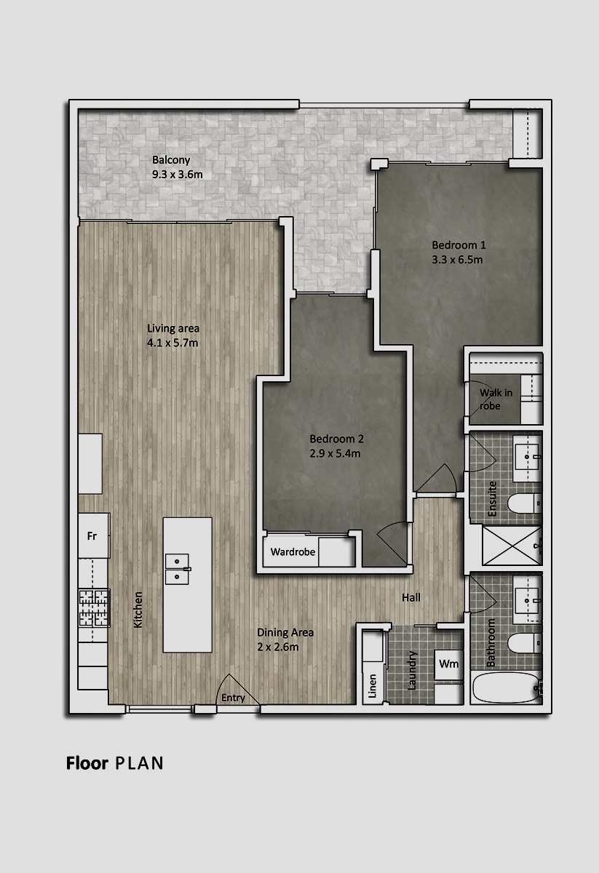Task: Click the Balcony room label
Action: click(x=171, y=160)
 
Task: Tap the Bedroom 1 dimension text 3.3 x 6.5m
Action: click(x=457, y=260)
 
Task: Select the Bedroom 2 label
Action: click(x=336, y=439)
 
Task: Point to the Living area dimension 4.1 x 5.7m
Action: click(x=172, y=343)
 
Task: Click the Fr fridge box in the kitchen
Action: click(x=94, y=535)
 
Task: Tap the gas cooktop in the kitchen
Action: click(x=94, y=608)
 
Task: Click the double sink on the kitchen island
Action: click(x=178, y=569)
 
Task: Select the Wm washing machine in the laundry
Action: click(x=449, y=664)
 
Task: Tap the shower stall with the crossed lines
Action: click(x=512, y=546)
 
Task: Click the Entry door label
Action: click(x=233, y=698)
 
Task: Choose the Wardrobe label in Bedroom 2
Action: click(x=293, y=552)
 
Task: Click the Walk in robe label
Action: click(x=496, y=399)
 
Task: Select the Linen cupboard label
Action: click(x=373, y=686)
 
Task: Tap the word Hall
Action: click(x=411, y=597)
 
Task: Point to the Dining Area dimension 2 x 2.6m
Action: click(x=277, y=647)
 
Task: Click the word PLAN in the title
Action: click(x=139, y=763)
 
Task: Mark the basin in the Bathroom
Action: click(x=527, y=601)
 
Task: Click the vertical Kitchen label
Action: click(x=138, y=610)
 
